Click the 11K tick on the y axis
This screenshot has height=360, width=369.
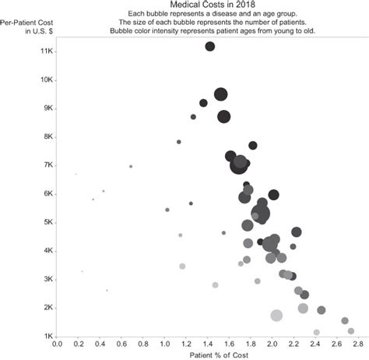46,51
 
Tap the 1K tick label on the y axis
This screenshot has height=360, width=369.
47,336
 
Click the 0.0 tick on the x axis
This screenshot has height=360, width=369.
56,343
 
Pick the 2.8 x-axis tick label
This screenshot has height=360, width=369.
357,343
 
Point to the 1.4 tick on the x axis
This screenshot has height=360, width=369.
207,343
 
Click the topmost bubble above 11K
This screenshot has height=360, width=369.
210,47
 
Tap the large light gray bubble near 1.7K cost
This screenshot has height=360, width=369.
276,316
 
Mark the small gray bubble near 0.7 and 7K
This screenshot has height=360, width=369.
131,166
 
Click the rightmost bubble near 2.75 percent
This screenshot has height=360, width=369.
351,330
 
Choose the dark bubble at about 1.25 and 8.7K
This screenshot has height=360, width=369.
193,117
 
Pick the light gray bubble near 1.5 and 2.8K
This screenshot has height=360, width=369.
216,285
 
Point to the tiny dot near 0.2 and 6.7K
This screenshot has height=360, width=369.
76,174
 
